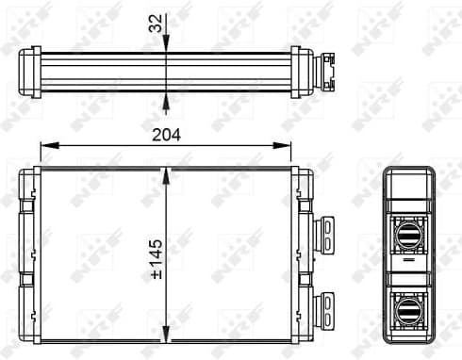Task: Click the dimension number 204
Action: coord(166,134)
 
